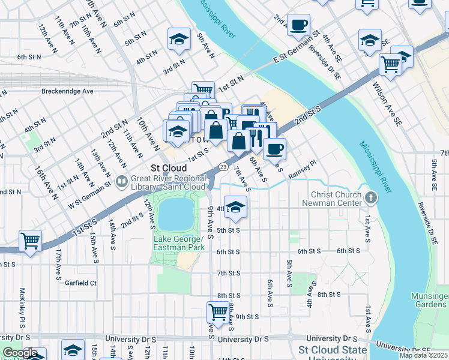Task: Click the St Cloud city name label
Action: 168,168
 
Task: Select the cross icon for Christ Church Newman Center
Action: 371,197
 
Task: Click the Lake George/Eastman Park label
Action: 179,243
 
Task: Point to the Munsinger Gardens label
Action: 429,301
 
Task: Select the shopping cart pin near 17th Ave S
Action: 30,241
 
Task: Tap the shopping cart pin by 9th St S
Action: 217,311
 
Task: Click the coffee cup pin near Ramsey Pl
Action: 274,148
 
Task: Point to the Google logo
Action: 19,353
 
